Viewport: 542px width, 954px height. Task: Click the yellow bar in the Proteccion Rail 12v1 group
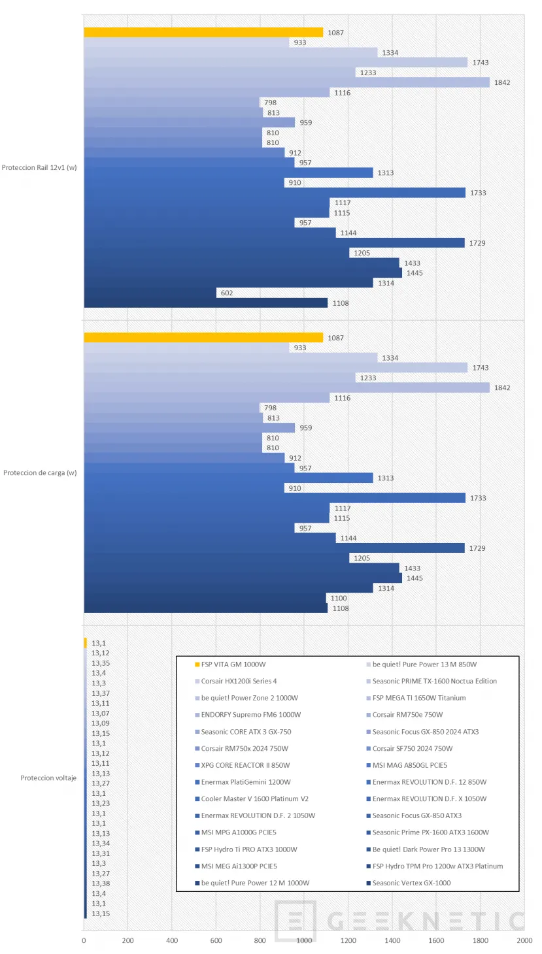click(203, 33)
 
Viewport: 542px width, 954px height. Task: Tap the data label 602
click(227, 293)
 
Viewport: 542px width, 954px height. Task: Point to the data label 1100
click(339, 599)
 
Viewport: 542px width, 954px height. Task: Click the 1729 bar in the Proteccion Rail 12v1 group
click(275, 243)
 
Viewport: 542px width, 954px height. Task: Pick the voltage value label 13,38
click(100, 883)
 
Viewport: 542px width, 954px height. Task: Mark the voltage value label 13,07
click(100, 714)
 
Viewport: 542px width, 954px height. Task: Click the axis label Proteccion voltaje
click(48, 778)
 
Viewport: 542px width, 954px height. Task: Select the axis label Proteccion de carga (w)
click(40, 473)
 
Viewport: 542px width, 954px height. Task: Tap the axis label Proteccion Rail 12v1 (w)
click(39, 168)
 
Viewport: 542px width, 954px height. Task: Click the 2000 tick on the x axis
click(524, 940)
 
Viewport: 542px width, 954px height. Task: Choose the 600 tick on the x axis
click(216, 940)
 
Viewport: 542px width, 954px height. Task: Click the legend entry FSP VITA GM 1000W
click(233, 665)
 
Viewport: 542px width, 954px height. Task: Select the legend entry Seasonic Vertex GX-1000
click(411, 883)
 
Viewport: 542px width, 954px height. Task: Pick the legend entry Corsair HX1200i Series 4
click(239, 682)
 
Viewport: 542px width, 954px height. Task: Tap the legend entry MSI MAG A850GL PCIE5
click(410, 765)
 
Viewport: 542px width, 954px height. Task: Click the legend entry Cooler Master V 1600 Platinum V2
click(255, 799)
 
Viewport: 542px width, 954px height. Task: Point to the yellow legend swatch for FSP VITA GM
click(197, 665)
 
